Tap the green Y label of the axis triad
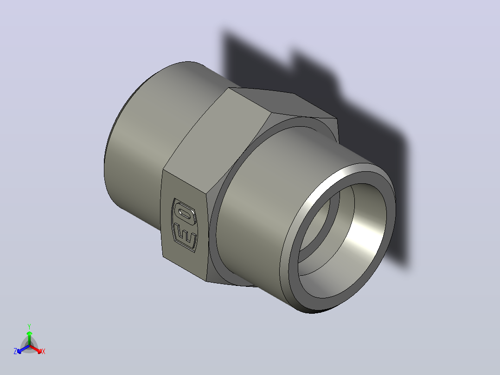pyautogui.click(x=29, y=326)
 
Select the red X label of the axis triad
pyautogui.click(x=44, y=351)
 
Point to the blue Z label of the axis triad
pyautogui.click(x=15, y=351)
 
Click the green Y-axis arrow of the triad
pyautogui.click(x=29, y=338)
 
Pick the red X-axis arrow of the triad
pyautogui.click(x=36, y=349)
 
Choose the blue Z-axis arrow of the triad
pyautogui.click(x=23, y=349)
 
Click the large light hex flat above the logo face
pyautogui.click(x=217, y=141)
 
